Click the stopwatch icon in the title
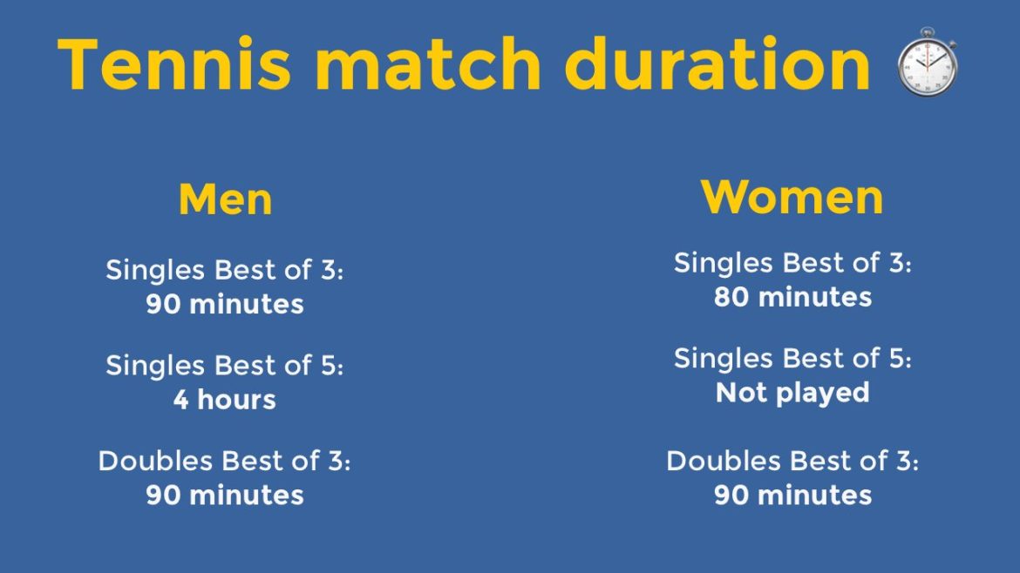(x=927, y=63)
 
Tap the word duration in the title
(x=717, y=64)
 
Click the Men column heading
(x=225, y=199)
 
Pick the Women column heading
(x=792, y=197)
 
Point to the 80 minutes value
(x=792, y=297)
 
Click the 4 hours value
(x=224, y=400)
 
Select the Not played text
(x=792, y=393)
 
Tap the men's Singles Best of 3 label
(x=225, y=270)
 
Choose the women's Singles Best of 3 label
(x=792, y=262)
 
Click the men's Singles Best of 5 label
(x=225, y=366)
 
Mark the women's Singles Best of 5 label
(x=792, y=358)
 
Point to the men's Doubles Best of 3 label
(x=225, y=461)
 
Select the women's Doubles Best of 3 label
(x=792, y=461)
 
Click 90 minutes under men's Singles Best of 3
(x=225, y=304)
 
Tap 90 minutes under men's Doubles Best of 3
(x=225, y=495)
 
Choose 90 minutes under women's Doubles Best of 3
(x=792, y=495)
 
